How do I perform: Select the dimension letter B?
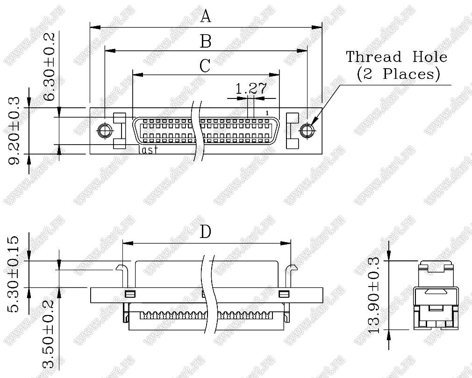coord(206,41)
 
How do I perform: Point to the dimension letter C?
coord(205,66)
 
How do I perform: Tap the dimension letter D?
coord(206,231)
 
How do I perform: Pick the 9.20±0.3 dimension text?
coord(14,130)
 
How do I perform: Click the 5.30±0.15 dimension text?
coord(13,274)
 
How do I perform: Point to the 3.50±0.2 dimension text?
coord(48,334)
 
